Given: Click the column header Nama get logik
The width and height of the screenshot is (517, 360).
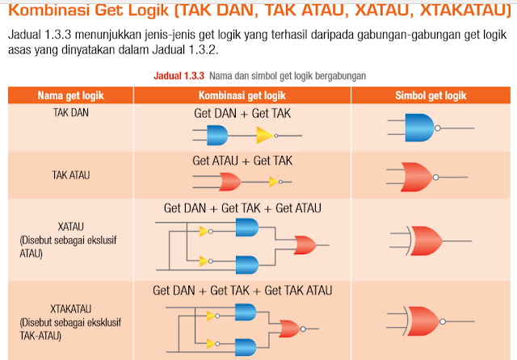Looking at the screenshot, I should click(x=71, y=95).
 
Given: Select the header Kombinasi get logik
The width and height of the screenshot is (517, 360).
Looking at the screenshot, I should click(x=241, y=95).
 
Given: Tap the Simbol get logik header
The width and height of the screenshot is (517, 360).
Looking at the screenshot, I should click(x=431, y=95).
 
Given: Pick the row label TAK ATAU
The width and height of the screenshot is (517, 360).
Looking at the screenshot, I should click(x=70, y=174).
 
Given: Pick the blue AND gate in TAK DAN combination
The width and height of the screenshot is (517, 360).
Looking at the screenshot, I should click(x=217, y=134).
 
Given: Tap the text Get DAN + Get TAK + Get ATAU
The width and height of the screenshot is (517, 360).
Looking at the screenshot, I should click(x=242, y=208).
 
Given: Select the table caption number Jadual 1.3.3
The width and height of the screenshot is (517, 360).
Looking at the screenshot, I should click(x=179, y=75).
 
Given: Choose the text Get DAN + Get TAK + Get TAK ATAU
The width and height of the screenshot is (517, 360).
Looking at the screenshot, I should click(x=242, y=290).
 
